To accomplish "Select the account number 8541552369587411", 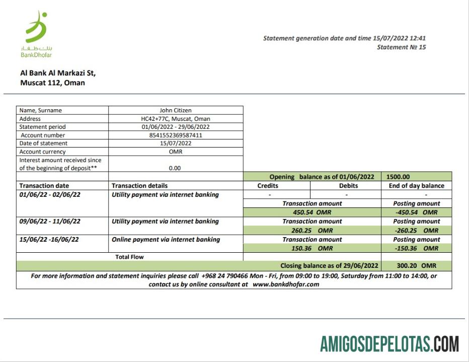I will [x=176, y=135].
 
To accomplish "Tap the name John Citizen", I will [x=176, y=110].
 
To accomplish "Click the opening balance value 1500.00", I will [x=399, y=177].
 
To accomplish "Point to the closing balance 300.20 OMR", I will [x=415, y=265].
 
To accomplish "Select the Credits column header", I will [x=267, y=186].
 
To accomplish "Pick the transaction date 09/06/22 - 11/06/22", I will [x=49, y=221].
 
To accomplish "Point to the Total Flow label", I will [x=129, y=257].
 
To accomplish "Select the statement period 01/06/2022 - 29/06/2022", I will [x=176, y=127].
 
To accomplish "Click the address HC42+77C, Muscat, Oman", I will [x=176, y=119].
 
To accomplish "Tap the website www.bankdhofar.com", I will [x=286, y=284].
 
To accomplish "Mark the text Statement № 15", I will [x=401, y=47].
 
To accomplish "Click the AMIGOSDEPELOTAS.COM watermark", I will [x=389, y=344].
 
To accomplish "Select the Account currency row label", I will [x=43, y=152].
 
